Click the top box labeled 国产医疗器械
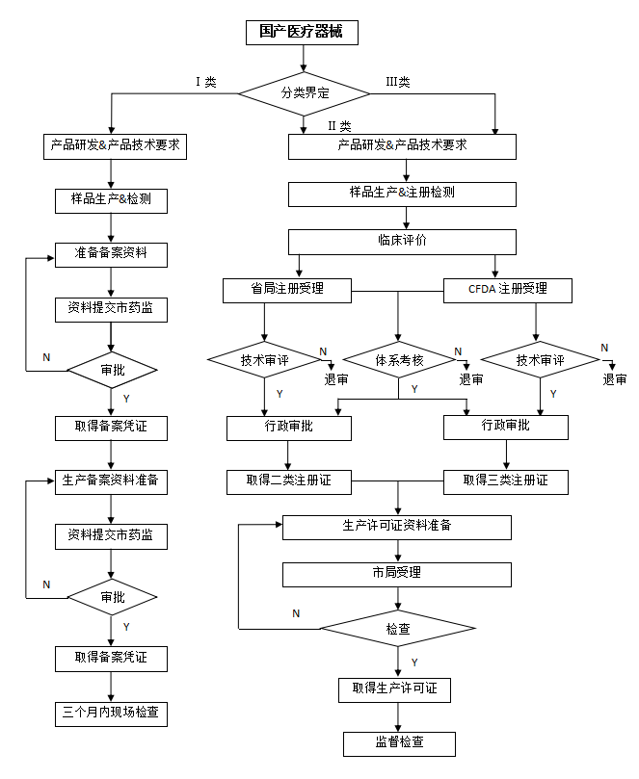[302, 32]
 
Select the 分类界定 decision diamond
[305, 93]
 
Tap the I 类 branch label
[205, 82]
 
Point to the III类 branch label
[398, 82]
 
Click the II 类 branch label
[338, 126]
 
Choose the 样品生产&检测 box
[112, 200]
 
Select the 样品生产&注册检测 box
[402, 193]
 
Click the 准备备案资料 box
[112, 254]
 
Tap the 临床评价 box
[402, 240]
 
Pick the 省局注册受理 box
[286, 289]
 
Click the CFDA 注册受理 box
[507, 289]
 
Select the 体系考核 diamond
[399, 361]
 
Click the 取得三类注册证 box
[505, 480]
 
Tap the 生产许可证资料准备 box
[396, 527]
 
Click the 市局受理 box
[396, 574]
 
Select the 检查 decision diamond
[397, 629]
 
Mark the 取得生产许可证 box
[394, 689]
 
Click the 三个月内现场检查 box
[112, 714]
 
